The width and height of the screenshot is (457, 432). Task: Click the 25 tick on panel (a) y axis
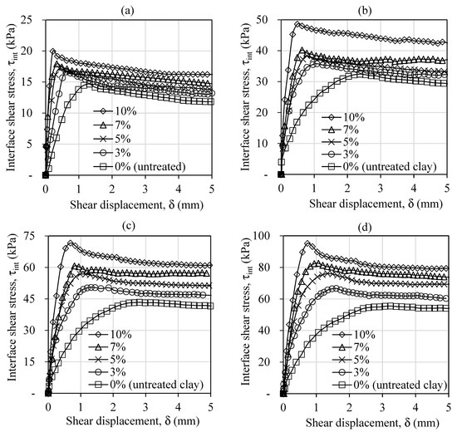(x=33, y=19)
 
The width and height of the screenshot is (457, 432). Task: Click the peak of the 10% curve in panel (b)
(x=297, y=24)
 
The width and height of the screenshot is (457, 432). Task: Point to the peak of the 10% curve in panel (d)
(x=307, y=243)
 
